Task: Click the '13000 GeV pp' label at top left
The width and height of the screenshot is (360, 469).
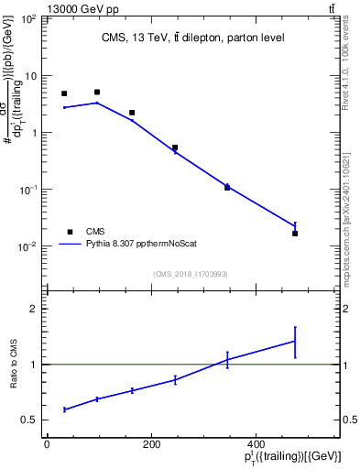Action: tap(44, 9)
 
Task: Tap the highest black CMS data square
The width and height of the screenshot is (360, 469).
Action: tap(97, 93)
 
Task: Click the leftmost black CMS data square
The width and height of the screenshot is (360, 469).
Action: tap(64, 93)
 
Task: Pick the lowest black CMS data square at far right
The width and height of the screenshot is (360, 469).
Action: tap(295, 234)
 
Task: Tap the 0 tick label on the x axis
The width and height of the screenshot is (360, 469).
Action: tap(47, 444)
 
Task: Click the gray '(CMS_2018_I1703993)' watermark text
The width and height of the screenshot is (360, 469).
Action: tap(190, 272)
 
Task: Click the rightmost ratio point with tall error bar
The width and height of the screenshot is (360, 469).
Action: tap(295, 341)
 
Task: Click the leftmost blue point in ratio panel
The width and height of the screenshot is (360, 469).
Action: tap(64, 409)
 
